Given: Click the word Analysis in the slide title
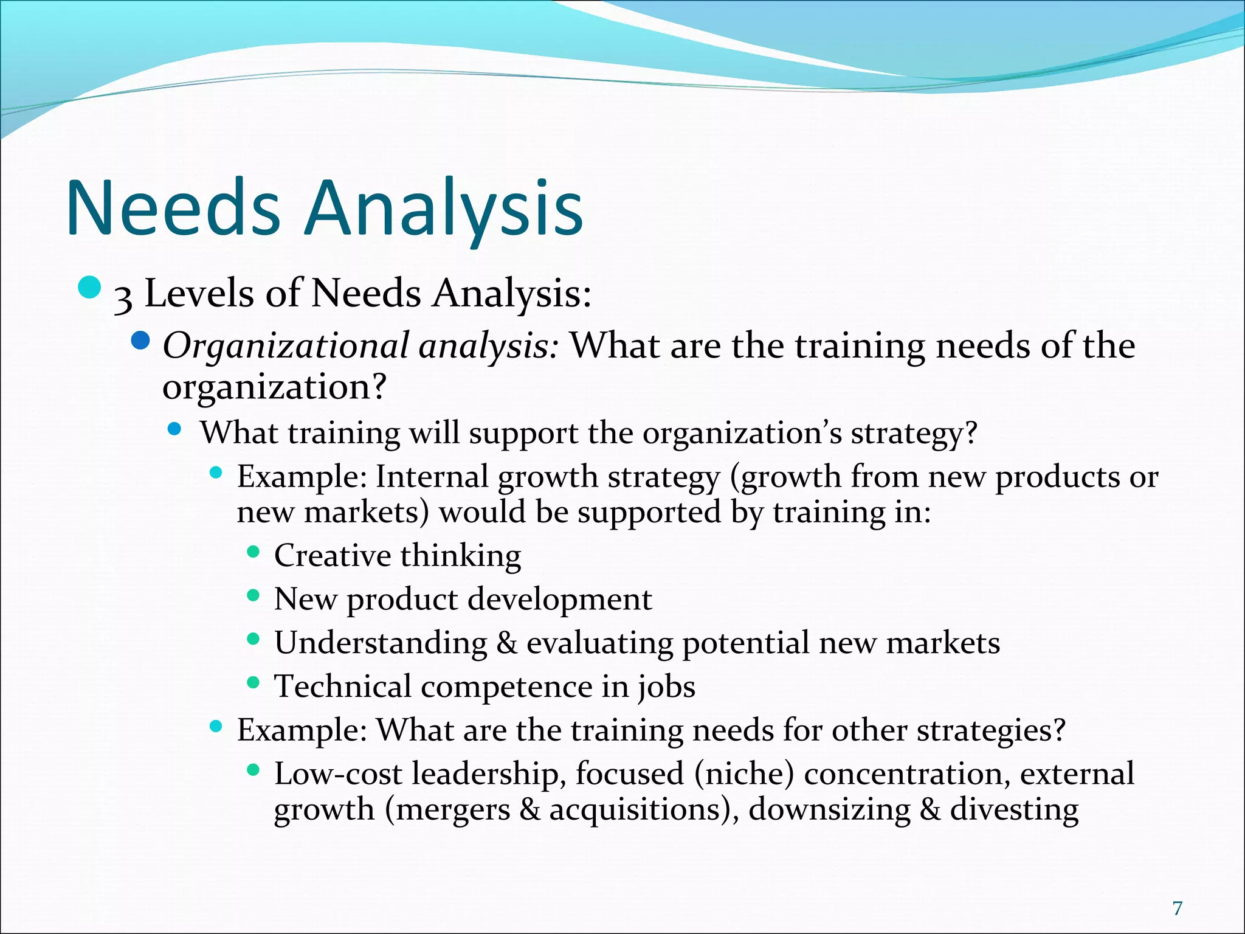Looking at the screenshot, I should coord(445,208).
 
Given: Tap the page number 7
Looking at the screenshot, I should coord(1178,908).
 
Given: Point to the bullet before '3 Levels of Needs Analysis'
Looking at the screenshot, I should coord(89,288).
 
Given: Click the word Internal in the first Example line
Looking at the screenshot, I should coord(432,476).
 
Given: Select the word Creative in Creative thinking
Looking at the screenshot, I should coord(333,555).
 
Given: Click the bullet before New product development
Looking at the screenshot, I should coord(253,595).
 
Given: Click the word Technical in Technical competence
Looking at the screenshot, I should coord(343,687).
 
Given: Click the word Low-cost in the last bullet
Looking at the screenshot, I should coord(338,774).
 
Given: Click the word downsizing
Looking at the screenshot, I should coord(830,810).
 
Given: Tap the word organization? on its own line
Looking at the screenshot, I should coord(274,387).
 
